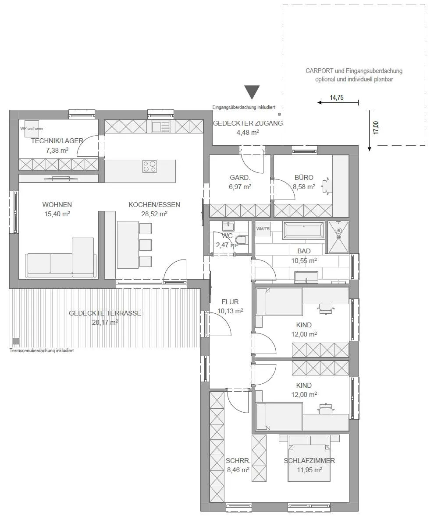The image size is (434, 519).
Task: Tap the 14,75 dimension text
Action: click(x=337, y=98)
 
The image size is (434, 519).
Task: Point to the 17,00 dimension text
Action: click(x=376, y=127)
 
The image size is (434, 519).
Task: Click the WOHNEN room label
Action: click(x=57, y=204)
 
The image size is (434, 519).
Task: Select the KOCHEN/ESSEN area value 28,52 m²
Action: click(x=154, y=214)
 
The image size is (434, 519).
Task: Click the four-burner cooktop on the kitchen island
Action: click(x=150, y=166)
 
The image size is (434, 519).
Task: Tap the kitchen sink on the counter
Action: click(x=161, y=126)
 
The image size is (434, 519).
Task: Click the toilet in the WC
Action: click(x=241, y=238)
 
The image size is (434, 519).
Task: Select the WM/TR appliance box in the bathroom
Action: click(x=263, y=229)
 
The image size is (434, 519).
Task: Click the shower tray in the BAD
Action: click(x=338, y=237)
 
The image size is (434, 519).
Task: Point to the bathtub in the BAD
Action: click(x=303, y=230)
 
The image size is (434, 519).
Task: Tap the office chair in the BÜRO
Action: click(x=327, y=186)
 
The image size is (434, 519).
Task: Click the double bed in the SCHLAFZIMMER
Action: click(x=309, y=458)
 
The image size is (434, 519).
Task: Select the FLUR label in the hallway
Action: click(x=230, y=302)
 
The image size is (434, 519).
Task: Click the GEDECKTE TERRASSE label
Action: click(x=105, y=313)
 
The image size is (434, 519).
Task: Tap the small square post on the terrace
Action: click(x=16, y=341)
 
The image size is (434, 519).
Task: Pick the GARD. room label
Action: click(x=240, y=178)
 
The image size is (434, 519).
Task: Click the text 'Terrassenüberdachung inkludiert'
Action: click(x=42, y=351)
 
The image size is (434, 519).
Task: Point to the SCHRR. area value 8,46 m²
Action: click(x=238, y=470)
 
